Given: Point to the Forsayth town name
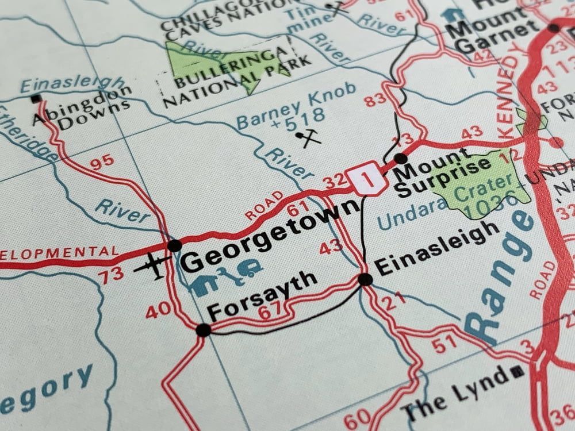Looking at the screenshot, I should click(262, 295).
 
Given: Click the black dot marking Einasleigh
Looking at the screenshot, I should click(365, 279).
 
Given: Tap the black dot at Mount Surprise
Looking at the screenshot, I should click(401, 159).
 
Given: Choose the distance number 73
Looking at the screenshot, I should click(110, 276).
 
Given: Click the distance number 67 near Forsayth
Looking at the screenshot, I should click(270, 311).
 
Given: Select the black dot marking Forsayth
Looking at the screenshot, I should click(203, 330).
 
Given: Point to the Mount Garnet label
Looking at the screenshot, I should click(494, 34).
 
